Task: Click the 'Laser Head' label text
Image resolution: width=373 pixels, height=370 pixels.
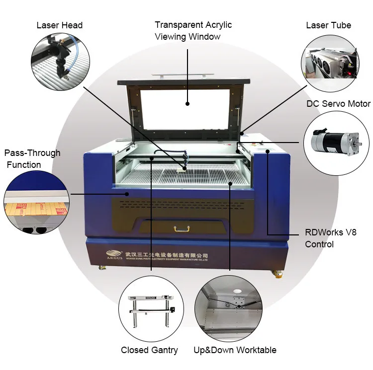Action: point(59,25)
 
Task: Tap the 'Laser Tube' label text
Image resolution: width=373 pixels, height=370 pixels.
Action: point(328,25)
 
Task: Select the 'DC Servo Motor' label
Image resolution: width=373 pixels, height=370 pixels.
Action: point(338,104)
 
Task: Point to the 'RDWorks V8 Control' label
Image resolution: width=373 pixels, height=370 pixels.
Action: point(326,238)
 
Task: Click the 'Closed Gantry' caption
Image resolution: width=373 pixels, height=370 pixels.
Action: point(149,350)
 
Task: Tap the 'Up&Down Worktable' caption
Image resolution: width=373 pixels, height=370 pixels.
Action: point(235,350)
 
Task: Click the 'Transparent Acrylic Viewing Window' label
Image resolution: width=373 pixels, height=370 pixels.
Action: point(193,31)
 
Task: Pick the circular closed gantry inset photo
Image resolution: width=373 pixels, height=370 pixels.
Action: point(151,307)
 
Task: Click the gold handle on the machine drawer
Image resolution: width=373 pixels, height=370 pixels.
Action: point(182,228)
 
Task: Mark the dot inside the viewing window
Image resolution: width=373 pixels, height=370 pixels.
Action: point(188,104)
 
